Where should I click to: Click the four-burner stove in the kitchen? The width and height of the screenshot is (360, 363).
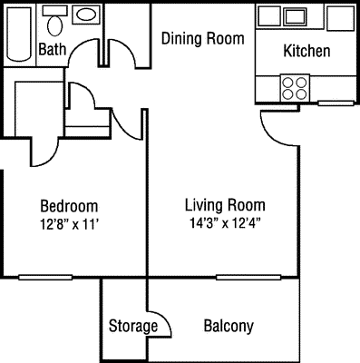[x=294, y=88]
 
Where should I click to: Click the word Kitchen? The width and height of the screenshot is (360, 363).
[x=306, y=51]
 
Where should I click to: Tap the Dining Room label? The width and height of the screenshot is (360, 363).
[x=203, y=38]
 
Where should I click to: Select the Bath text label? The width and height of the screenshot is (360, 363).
[x=52, y=50]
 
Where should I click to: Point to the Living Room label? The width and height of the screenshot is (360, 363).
[x=225, y=204]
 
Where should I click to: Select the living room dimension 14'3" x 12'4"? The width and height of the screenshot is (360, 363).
[x=225, y=221]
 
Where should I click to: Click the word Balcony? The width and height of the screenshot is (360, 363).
[x=229, y=326]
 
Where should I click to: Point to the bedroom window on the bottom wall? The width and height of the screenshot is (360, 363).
[x=45, y=277]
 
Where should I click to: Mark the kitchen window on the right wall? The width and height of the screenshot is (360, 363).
[x=333, y=104]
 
